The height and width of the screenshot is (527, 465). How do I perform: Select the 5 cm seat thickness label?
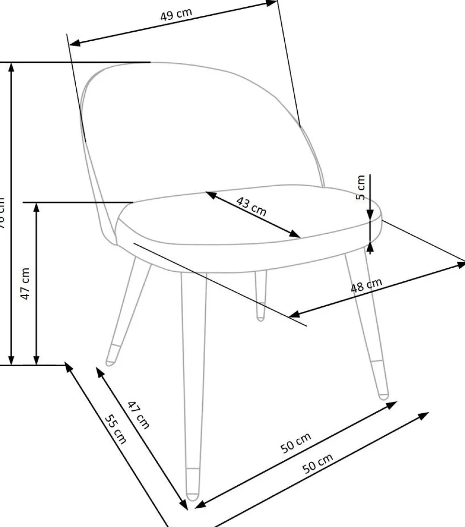[x=361, y=188]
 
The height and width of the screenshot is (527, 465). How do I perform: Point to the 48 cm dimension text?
[x=367, y=285]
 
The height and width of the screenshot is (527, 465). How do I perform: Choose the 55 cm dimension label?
[x=116, y=428]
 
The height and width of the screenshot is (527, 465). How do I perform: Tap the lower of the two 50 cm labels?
[x=317, y=464]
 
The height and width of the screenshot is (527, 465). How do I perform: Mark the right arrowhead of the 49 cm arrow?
[x=274, y=2]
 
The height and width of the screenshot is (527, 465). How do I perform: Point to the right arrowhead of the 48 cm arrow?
[x=461, y=263]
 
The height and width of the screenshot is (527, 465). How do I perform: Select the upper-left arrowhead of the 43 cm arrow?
[x=209, y=194]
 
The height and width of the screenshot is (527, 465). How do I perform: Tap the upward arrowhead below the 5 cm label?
[x=370, y=247]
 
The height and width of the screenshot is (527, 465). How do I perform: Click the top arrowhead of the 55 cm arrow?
[x=69, y=367]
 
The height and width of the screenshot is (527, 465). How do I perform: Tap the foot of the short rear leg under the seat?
[x=260, y=315]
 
